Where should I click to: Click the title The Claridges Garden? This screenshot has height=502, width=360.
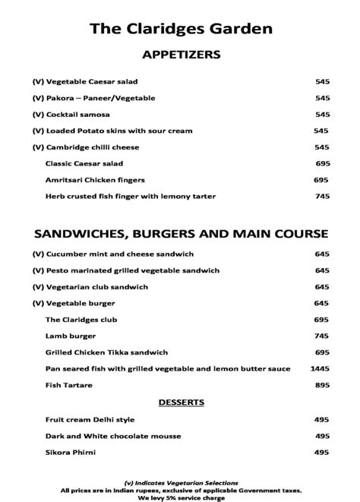(181, 29)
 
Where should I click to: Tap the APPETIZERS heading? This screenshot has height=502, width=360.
(181, 55)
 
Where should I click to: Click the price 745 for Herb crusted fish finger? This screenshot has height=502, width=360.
(321, 196)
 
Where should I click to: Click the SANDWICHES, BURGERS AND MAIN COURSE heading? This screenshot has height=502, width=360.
(181, 232)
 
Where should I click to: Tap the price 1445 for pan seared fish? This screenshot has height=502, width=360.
(319, 368)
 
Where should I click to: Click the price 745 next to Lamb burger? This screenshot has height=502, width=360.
(321, 336)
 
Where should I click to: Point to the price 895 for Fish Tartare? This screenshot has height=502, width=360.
(321, 385)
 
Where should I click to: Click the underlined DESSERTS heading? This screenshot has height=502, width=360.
(181, 402)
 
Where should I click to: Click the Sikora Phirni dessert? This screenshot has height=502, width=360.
(69, 453)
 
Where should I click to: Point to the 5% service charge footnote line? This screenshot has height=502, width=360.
(181, 496)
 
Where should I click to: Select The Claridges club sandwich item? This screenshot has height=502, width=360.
(76, 320)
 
